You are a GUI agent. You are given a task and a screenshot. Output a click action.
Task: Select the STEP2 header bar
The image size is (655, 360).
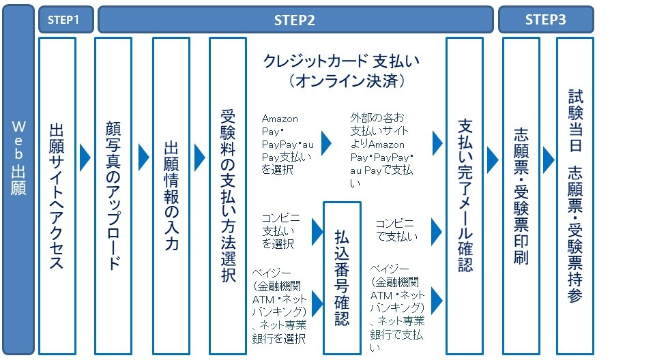pyautogui.click(x=295, y=20)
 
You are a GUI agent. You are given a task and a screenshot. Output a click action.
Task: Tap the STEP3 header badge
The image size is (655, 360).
pyautogui.click(x=545, y=20)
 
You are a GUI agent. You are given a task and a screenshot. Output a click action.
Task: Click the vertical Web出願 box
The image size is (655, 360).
pyautogui.click(x=18, y=179)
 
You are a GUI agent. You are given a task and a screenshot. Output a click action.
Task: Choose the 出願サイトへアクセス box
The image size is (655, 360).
pyautogui.click(x=57, y=195)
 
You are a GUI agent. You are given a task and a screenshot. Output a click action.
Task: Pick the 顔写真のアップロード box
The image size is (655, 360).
pyautogui.click(x=113, y=195)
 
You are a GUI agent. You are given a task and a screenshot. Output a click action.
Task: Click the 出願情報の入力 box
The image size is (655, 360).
pyautogui.click(x=171, y=195)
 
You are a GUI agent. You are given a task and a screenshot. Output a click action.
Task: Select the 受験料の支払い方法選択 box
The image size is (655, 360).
pyautogui.click(x=228, y=195)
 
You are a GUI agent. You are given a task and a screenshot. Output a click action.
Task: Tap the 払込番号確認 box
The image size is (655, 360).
pyautogui.click(x=341, y=277)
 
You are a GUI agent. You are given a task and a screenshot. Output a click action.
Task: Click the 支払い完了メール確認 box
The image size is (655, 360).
pyautogui.click(x=465, y=195)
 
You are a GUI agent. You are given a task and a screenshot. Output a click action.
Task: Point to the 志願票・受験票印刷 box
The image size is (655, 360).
pyautogui.click(x=521, y=195)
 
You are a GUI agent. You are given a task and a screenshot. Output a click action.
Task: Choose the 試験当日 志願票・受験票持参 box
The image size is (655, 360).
pyautogui.click(x=574, y=195)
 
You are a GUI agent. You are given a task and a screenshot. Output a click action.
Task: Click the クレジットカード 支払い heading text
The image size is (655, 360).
pyautogui.click(x=341, y=61)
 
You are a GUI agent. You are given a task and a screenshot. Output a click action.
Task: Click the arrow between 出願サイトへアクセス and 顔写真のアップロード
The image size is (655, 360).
pyautogui.click(x=85, y=157)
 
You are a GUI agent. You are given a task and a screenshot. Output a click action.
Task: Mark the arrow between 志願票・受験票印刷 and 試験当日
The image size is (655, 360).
pyautogui.click(x=548, y=157)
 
